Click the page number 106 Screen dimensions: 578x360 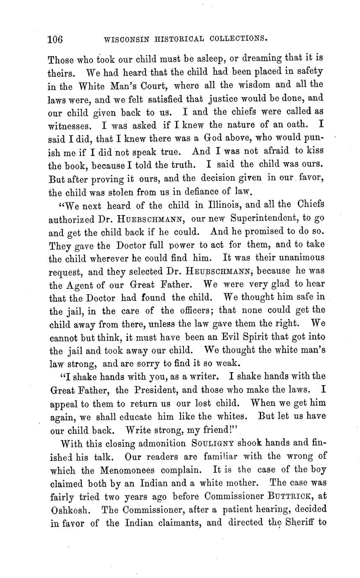(x=55, y=39)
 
